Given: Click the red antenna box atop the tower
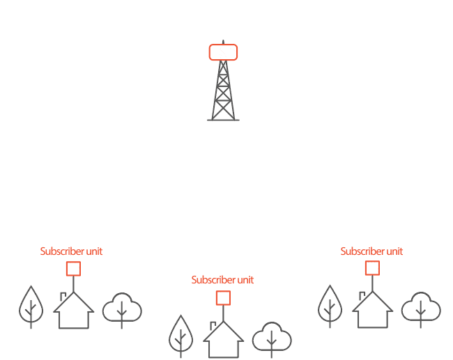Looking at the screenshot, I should coord(223,52).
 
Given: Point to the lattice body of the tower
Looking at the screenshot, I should coord(223,91).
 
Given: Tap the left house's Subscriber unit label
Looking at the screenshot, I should coord(71,251).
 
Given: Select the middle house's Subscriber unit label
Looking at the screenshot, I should coord(222,280).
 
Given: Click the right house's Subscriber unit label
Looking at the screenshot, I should coord(371,251).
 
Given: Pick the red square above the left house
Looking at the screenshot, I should coord(72,269).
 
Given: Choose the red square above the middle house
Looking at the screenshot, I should coord(223,298).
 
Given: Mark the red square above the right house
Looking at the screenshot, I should coord(372,268).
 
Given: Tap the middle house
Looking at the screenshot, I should coord(223,341).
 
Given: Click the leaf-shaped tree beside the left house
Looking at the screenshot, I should coord(31,306).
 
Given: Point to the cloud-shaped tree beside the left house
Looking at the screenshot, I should coord(122,308).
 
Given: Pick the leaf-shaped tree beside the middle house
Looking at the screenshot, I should coord(181,336).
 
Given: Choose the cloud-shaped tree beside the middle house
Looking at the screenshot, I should coord(272,338).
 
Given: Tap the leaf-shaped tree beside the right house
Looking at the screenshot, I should coord(330,306).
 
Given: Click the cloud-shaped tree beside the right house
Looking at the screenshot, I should coord(421,308).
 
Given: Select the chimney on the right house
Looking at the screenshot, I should coord(362,296).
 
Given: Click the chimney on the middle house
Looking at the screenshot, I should coord(213,325).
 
